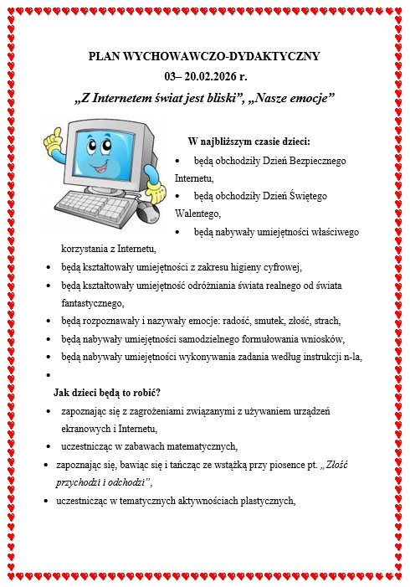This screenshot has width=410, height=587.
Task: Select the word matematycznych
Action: [197, 445]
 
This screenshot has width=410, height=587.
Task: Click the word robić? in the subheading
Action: [143, 392]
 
